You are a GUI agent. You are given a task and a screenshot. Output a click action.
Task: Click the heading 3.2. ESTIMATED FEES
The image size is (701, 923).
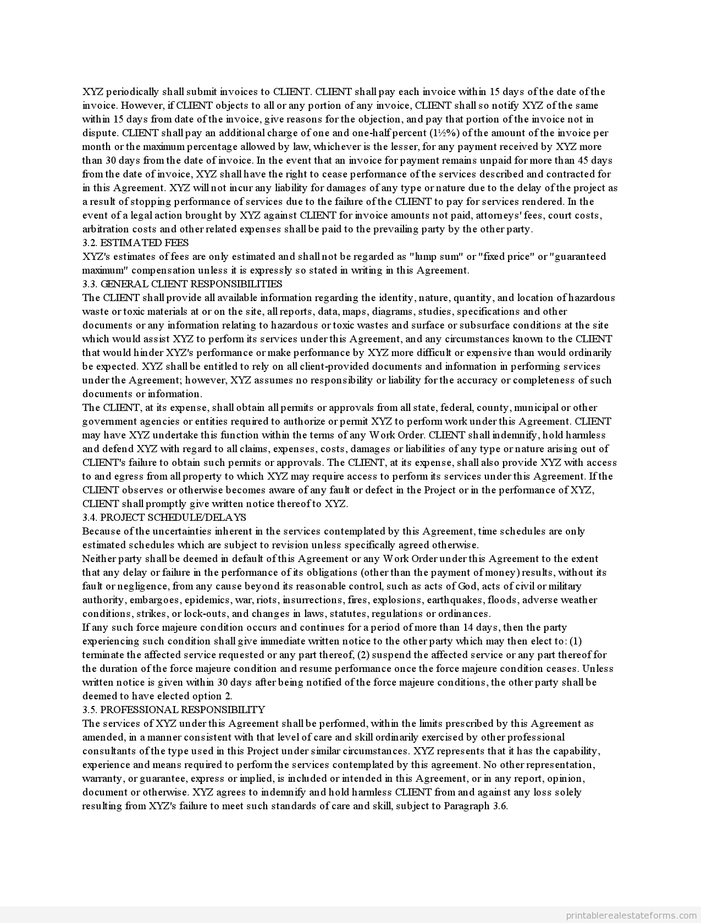coord(135,243)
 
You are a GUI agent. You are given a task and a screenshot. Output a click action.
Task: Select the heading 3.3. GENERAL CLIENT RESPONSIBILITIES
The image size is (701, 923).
coord(182,284)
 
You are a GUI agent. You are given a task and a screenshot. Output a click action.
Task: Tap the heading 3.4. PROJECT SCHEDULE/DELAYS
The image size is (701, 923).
coord(164,518)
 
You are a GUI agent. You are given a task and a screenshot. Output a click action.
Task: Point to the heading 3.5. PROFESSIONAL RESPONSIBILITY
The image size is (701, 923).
coord(174,710)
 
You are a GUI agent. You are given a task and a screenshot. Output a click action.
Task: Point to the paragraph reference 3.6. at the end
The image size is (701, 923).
coord(499,806)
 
